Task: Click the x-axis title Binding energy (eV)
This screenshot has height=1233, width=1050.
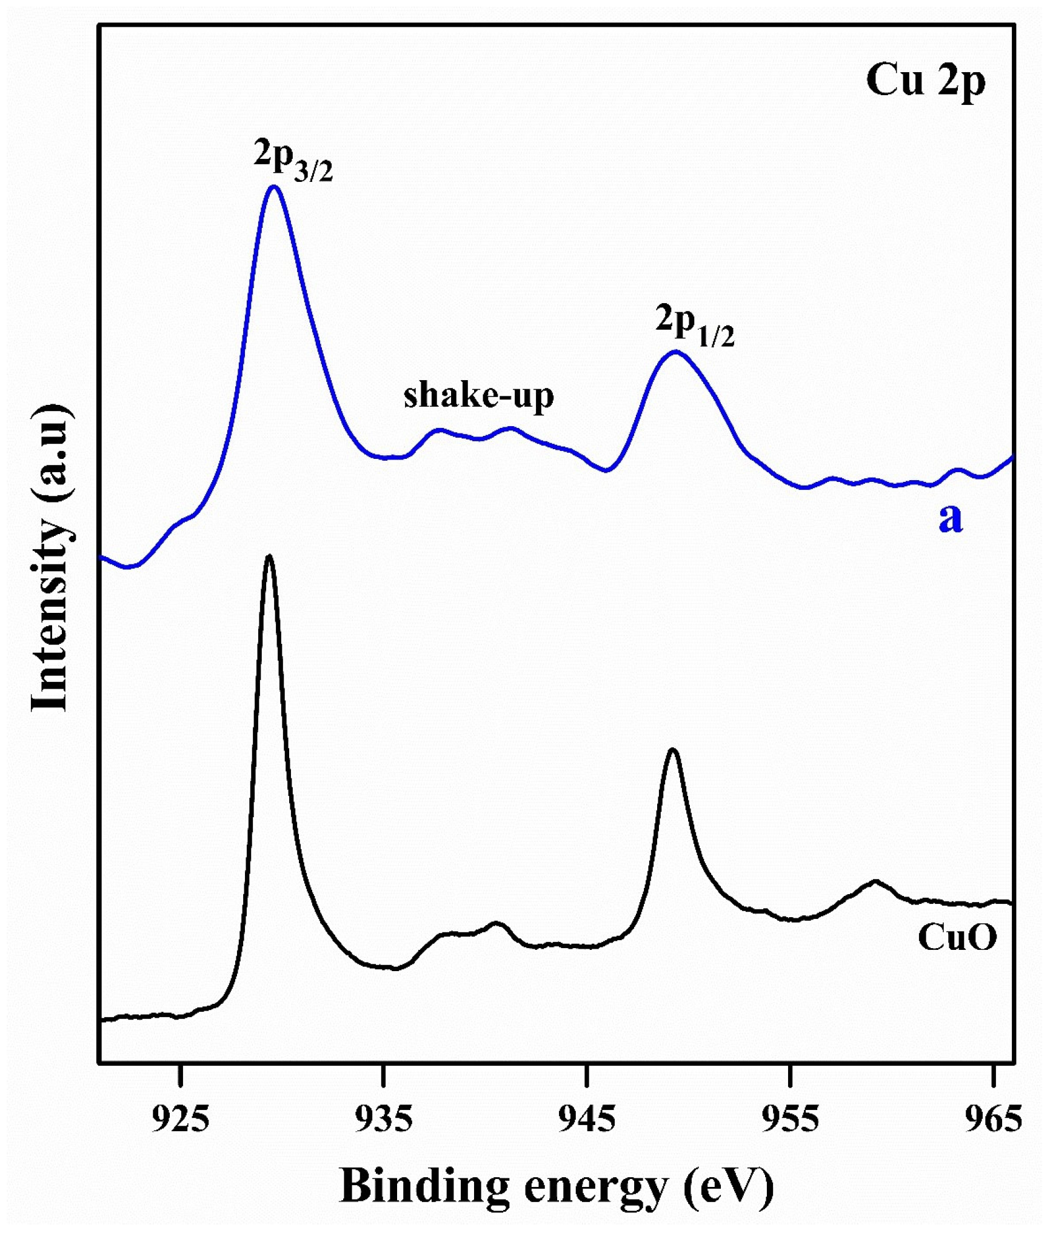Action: pos(557,1186)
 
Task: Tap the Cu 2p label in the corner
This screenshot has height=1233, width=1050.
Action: pos(926,81)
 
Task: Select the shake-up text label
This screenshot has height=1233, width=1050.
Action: pos(479,396)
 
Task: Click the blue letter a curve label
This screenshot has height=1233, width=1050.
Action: pos(950,518)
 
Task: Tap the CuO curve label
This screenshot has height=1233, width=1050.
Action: pos(957,938)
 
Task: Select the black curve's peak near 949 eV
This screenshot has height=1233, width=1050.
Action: pos(672,750)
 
